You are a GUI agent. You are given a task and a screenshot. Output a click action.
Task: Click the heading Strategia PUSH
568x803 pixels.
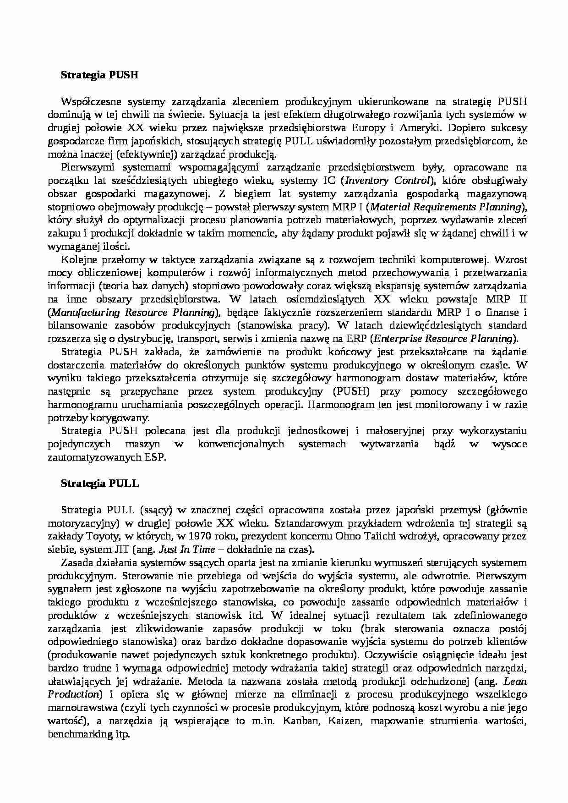(99, 75)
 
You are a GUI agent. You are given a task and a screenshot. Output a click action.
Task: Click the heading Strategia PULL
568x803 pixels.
(100, 483)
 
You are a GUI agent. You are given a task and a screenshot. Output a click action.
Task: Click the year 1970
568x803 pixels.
(199, 536)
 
